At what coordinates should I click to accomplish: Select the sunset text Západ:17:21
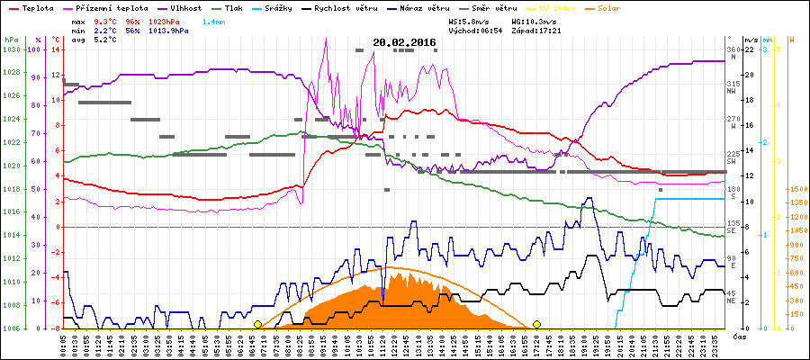pyautogui.click(x=538, y=30)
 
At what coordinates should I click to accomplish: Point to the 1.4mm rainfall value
pyautogui.click(x=214, y=20)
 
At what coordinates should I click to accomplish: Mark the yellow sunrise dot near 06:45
pyautogui.click(x=258, y=324)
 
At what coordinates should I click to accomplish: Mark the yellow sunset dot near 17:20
pyautogui.click(x=537, y=324)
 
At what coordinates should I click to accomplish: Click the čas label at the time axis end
pyautogui.click(x=738, y=337)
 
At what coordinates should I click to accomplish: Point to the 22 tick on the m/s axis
pyautogui.click(x=735, y=49)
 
